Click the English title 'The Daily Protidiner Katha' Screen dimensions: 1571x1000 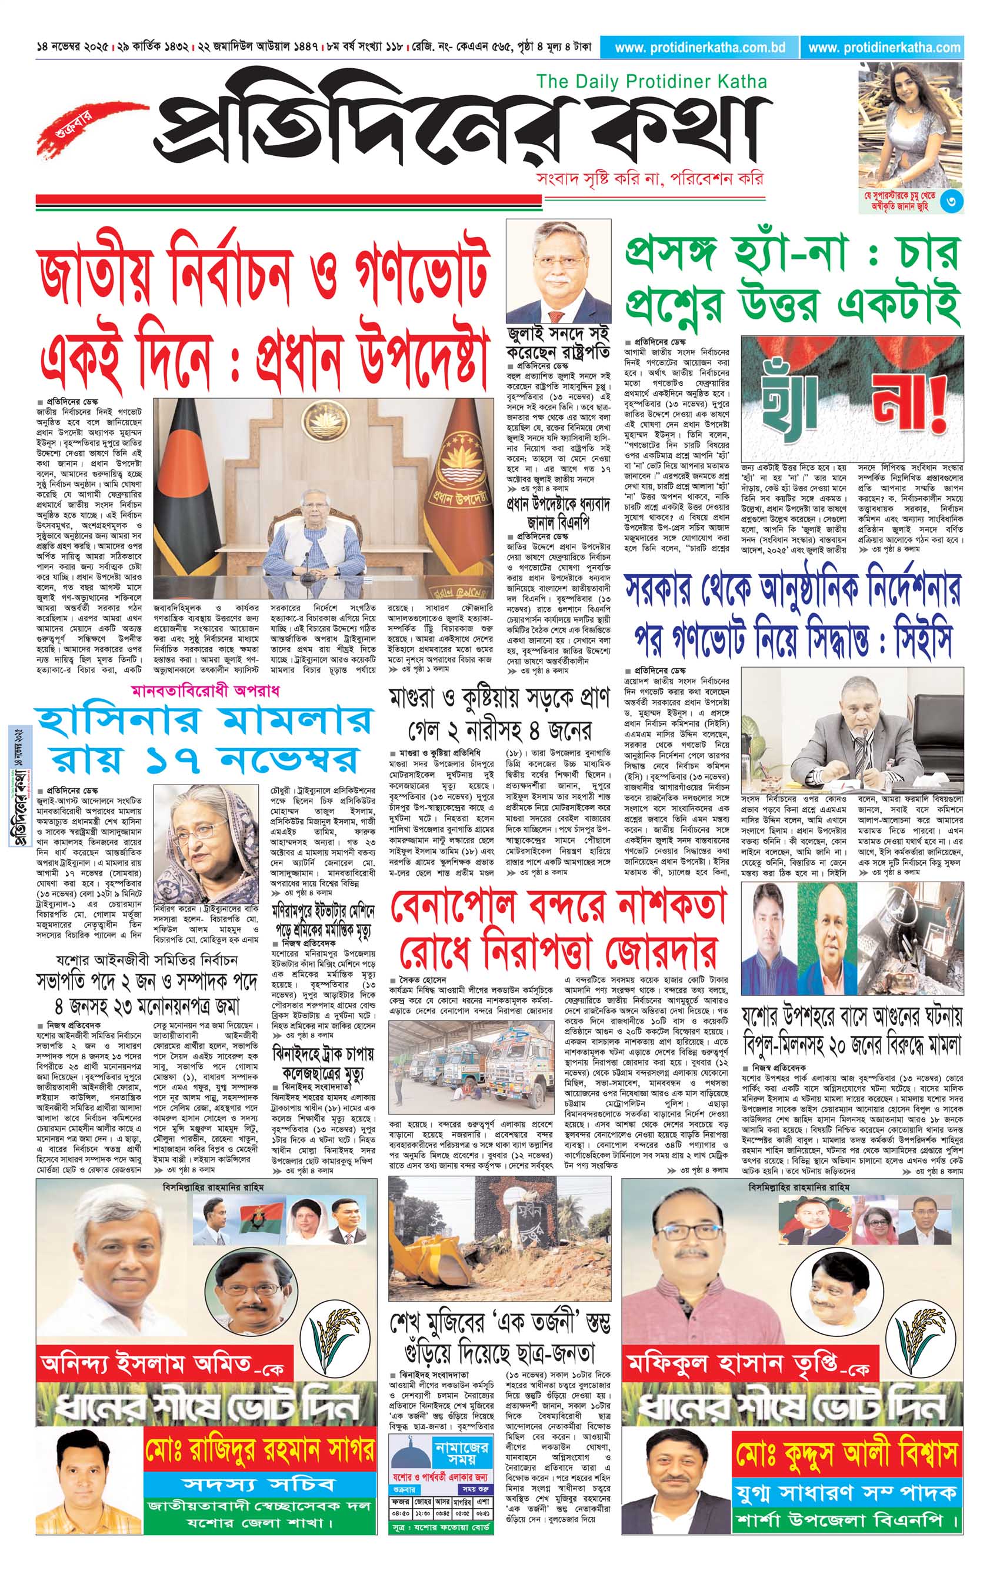tap(651, 82)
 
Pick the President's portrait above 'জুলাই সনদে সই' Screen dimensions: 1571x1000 tap(558, 271)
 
